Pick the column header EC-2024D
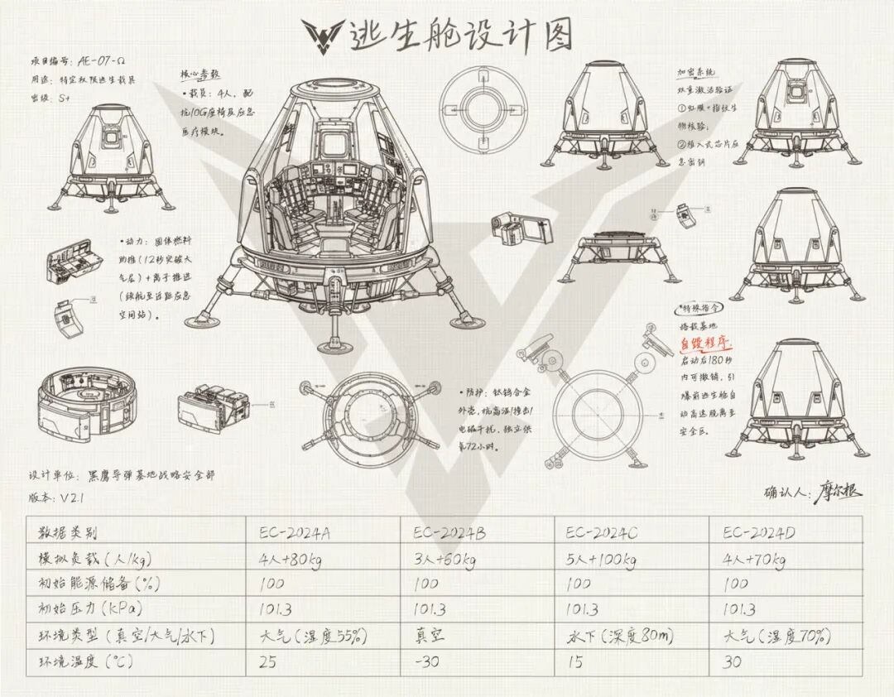(x=759, y=532)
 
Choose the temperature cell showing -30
(x=425, y=661)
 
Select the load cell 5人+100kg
(x=600, y=559)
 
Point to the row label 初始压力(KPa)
(x=87, y=610)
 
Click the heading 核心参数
(x=199, y=75)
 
